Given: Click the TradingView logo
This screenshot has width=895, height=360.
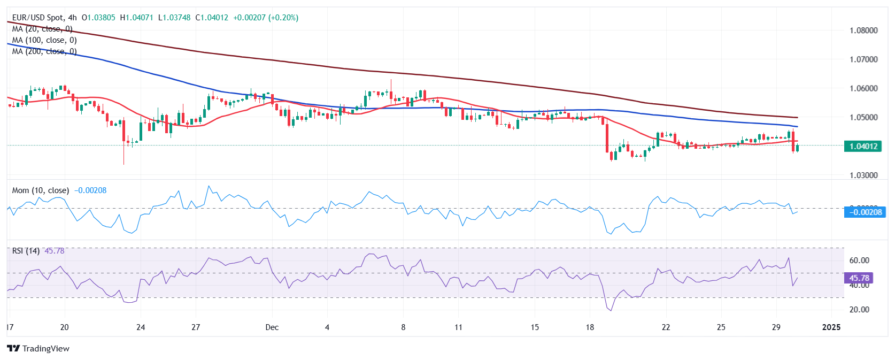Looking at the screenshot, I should [x=38, y=349].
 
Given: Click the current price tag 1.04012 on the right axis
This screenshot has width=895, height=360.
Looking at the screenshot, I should [x=862, y=146].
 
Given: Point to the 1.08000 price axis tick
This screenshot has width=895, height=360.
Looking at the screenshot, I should [x=863, y=30].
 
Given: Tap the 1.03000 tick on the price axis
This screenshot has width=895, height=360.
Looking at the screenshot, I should [x=863, y=175].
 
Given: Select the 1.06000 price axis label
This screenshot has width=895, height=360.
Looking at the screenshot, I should [x=863, y=88].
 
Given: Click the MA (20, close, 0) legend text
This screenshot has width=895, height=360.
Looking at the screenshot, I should [x=42, y=29].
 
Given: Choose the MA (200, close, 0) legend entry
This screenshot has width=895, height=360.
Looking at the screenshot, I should [x=44, y=51].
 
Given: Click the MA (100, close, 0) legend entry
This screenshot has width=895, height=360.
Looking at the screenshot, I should [x=44, y=40].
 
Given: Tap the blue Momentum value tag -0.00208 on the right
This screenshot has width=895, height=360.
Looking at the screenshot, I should [x=864, y=212].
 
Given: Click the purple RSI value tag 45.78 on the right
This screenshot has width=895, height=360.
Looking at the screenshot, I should [x=859, y=278].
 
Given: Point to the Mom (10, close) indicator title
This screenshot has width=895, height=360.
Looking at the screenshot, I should [x=41, y=190].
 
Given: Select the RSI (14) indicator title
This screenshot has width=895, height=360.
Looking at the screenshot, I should [x=26, y=251].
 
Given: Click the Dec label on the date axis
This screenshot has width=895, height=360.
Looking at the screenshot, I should [x=272, y=327].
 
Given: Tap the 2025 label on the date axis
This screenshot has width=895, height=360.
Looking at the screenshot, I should [x=831, y=327].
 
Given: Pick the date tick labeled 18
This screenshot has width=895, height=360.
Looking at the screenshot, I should [x=590, y=327].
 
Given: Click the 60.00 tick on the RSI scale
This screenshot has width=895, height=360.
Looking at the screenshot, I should [x=859, y=261].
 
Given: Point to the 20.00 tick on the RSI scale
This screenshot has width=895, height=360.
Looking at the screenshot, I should [x=859, y=310].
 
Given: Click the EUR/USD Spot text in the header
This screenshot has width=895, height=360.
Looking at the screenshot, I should [x=37, y=18].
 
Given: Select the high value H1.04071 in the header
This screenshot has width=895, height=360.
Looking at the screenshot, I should [x=136, y=18].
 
